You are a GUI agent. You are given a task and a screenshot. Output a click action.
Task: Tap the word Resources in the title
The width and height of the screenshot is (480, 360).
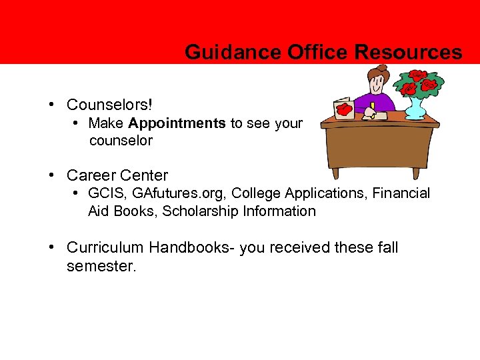click(x=409, y=52)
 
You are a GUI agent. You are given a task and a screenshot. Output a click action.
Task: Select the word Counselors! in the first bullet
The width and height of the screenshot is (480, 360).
click(x=109, y=105)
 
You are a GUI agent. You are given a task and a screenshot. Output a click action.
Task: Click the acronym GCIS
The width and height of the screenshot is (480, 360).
click(x=107, y=193)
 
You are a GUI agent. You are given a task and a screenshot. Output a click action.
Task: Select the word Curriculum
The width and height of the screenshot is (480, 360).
click(x=105, y=247)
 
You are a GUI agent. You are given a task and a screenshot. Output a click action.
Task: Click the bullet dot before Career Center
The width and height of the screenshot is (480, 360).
click(x=51, y=175)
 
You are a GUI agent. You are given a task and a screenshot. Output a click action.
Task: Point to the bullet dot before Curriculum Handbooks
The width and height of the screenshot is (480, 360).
click(x=51, y=247)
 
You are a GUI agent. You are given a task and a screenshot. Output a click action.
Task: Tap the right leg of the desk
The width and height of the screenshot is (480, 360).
click(x=416, y=171)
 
